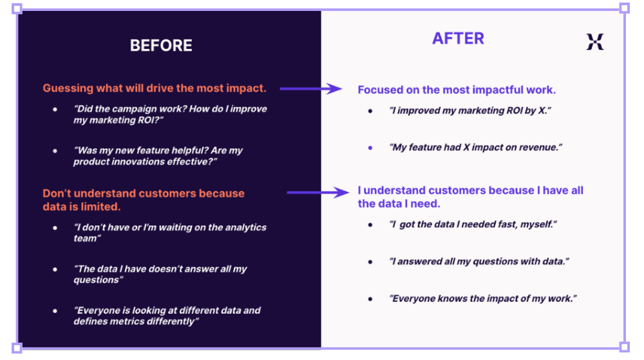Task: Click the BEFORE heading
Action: pos(161,46)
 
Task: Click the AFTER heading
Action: pos(458,39)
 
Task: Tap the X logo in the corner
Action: pos(594,42)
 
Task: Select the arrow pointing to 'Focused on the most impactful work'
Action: pos(310,89)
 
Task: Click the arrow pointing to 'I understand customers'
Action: pos(318,193)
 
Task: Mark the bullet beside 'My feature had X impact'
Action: pos(370,147)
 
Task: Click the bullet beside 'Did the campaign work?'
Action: pos(55,109)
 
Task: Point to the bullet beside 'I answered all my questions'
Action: pos(370,262)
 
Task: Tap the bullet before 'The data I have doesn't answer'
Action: pos(55,269)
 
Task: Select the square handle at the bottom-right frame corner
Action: pos(624,347)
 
